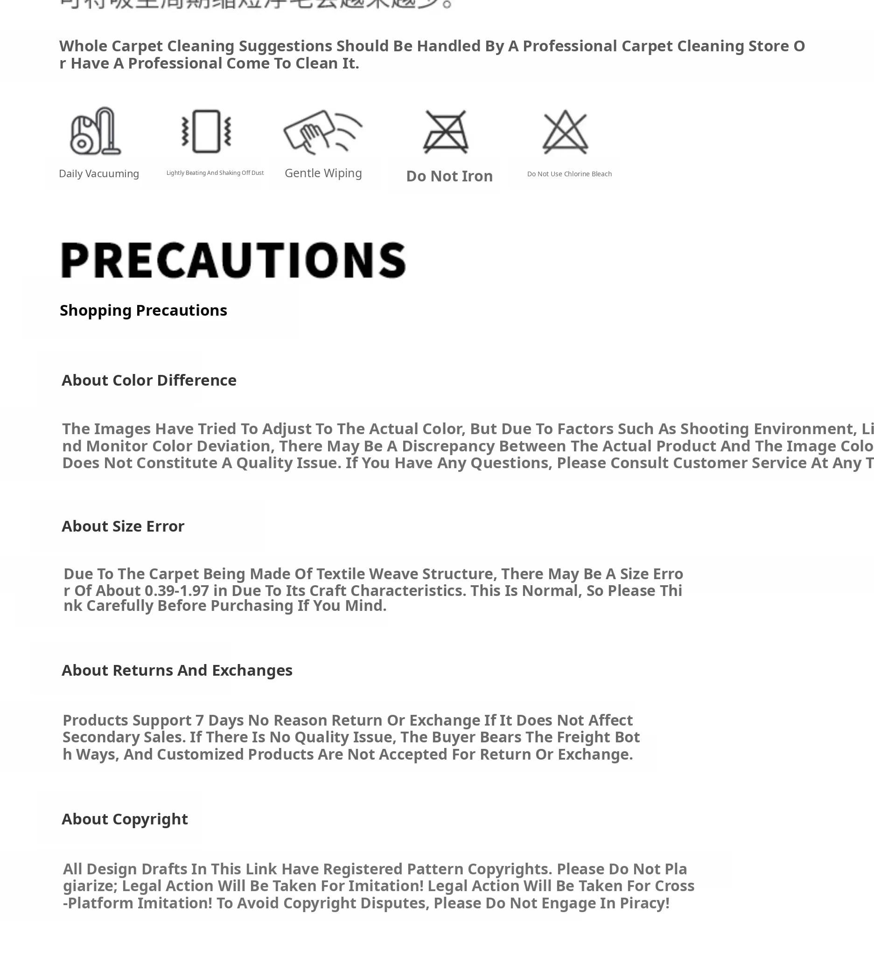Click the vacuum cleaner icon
point(95,131)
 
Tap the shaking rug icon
point(206,131)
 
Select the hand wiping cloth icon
point(322,131)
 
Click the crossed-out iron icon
point(446,131)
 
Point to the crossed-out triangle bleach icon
point(566,131)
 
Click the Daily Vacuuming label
point(98,174)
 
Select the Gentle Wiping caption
point(323,173)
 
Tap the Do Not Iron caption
point(449,176)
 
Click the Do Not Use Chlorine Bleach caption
point(569,174)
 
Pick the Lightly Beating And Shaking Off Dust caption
point(215,173)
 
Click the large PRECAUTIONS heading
point(233,260)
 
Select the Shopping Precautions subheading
point(143,310)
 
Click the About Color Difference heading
point(149,381)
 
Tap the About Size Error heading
point(123,526)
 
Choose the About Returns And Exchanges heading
point(177,670)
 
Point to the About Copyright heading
point(125,819)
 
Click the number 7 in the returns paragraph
point(200,720)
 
